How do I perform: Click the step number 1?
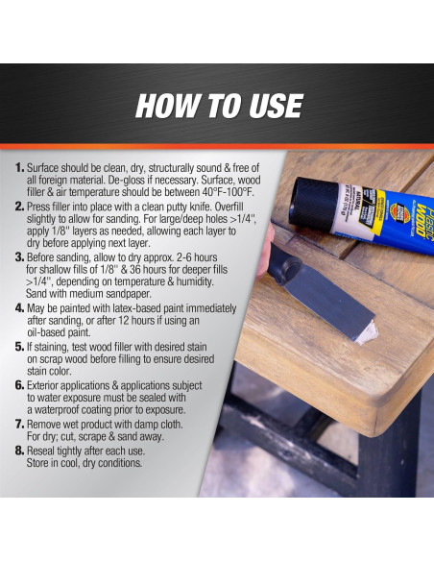pyautogui.click(x=19, y=168)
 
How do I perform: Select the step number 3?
pyautogui.click(x=19, y=257)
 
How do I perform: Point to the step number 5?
pyautogui.click(x=19, y=347)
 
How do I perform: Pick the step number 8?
pyautogui.click(x=19, y=451)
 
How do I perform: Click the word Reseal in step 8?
pyautogui.click(x=41, y=451)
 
